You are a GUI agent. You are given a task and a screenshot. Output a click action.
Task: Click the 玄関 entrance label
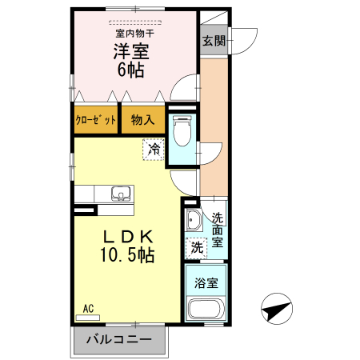(x=213, y=40)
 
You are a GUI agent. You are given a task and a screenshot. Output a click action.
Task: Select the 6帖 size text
(x=132, y=70)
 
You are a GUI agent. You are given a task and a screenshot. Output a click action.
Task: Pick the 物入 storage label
(x=142, y=120)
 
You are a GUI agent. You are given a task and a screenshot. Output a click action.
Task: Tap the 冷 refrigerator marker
(x=154, y=148)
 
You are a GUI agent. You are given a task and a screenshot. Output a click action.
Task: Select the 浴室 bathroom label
(x=206, y=282)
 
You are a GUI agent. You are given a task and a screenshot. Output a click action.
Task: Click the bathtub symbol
(x=206, y=310)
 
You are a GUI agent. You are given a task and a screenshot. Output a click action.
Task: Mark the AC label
(x=88, y=307)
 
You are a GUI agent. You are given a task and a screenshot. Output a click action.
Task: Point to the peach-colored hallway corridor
(x=213, y=128)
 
